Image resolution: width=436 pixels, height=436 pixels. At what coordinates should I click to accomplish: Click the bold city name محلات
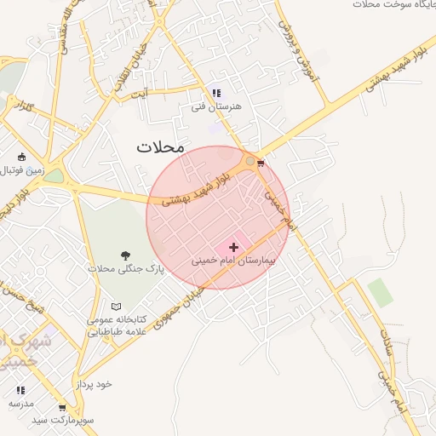pos(160,147)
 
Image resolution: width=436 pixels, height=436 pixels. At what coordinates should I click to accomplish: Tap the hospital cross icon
pos(233,247)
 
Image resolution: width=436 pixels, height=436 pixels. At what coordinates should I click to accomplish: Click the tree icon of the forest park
pos(126,255)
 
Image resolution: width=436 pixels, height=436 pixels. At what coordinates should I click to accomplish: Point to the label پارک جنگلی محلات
pos(125,268)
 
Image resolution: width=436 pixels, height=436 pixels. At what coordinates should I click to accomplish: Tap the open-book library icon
pos(117,307)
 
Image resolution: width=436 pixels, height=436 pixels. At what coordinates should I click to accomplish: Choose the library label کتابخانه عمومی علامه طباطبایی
pos(117,325)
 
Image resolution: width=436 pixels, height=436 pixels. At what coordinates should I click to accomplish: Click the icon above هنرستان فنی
pos(216,93)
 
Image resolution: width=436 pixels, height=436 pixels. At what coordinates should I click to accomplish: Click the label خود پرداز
pos(93,384)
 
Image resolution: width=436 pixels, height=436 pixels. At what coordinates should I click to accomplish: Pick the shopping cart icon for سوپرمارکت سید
pos(62,408)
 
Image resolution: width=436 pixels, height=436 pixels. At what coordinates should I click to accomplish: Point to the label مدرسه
pos(21,402)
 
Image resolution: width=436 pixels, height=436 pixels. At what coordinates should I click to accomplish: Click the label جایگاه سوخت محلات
pos(393,4)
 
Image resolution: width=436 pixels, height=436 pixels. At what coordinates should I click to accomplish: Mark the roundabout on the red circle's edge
pos(250,160)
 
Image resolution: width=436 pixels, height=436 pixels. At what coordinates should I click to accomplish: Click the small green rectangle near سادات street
pos(381,292)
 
